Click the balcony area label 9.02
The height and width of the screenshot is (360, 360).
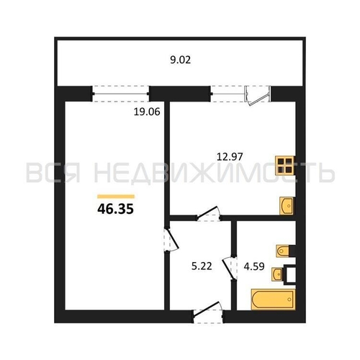pyautogui.click(x=181, y=60)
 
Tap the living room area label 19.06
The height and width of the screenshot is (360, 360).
pyautogui.click(x=147, y=112)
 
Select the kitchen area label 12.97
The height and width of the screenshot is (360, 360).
pyautogui.click(x=230, y=157)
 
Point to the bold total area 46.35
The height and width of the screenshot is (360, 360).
pyautogui.click(x=115, y=209)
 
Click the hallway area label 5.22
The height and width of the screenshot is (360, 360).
pyautogui.click(x=202, y=266)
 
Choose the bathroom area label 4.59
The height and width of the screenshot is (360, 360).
pyautogui.click(x=254, y=266)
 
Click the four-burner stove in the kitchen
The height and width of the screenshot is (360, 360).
pyautogui.click(x=285, y=166)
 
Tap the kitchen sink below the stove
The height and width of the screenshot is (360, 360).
pyautogui.click(x=287, y=206)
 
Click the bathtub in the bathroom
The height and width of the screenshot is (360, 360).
pyautogui.click(x=273, y=300)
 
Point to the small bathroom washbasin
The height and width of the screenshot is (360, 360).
pyautogui.click(x=277, y=274)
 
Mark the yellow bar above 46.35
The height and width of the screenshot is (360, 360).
pyautogui.click(x=116, y=197)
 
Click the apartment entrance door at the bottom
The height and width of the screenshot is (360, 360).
pyautogui.click(x=208, y=312)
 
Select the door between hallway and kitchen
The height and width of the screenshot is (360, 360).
pyautogui.click(x=208, y=214)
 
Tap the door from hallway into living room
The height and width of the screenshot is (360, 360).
pyautogui.click(x=171, y=240)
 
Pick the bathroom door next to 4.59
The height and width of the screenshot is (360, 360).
pyautogui.click(x=230, y=268)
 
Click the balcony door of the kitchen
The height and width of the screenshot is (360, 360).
pyautogui.click(x=257, y=96)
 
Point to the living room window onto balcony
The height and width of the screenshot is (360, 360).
pyautogui.click(x=120, y=94)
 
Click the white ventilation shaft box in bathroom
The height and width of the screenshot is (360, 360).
pyautogui.click(x=289, y=274)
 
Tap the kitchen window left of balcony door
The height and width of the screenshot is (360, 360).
pyautogui.click(x=228, y=94)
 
